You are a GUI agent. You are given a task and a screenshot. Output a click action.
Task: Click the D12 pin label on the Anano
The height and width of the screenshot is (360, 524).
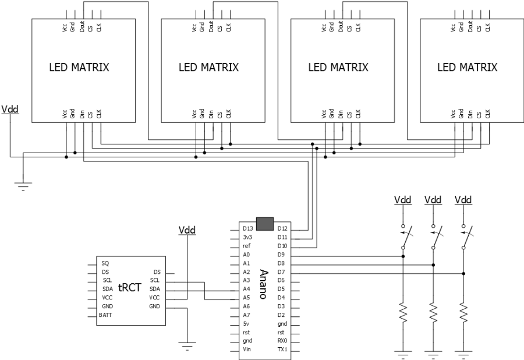282,228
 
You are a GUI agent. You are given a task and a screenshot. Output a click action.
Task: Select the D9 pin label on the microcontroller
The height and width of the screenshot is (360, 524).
281,255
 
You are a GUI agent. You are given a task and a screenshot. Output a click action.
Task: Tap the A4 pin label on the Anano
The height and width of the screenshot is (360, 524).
247,289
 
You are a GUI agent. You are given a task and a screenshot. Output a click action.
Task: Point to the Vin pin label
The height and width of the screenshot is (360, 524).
247,349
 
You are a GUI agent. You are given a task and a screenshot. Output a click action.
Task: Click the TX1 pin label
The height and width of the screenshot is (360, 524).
282,349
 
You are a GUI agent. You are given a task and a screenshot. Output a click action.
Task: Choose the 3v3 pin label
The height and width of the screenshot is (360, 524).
247,237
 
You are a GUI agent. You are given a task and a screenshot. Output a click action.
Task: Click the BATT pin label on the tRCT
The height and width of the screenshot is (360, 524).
105,315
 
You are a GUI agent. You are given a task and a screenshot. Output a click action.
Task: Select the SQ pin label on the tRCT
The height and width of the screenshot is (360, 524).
105,263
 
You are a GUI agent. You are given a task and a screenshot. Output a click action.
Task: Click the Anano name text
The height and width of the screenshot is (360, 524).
263,284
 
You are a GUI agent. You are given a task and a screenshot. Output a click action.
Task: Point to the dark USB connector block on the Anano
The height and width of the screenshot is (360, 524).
264,223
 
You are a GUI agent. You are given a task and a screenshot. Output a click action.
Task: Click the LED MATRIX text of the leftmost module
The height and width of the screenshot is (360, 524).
79,68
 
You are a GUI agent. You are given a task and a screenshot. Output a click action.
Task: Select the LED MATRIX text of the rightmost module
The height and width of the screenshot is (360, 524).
468,68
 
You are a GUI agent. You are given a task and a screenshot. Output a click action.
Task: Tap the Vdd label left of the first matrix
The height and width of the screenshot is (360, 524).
10,109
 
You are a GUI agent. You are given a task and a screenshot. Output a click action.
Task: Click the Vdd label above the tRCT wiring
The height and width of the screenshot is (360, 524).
187,230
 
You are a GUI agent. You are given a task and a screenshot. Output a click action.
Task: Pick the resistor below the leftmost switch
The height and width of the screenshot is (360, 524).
403,313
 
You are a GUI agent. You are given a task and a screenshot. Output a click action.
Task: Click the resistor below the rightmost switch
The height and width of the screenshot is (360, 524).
463,313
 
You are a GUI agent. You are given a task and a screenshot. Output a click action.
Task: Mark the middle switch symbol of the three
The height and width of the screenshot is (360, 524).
434,237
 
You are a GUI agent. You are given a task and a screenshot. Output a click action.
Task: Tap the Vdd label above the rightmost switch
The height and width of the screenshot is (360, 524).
463,200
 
